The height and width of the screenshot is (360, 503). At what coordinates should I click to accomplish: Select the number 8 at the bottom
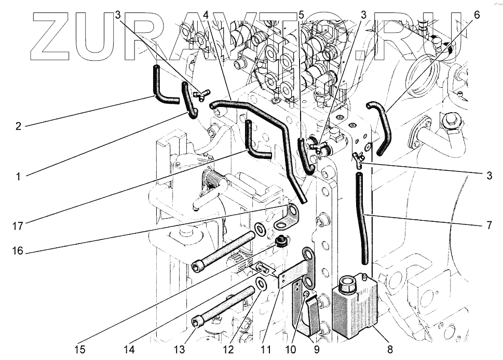click(x=390, y=349)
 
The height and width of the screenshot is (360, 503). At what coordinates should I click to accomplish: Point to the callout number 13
click(x=179, y=349)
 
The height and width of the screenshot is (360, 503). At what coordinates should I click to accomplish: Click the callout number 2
click(x=18, y=126)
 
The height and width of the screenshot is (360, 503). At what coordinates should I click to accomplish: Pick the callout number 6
click(x=477, y=15)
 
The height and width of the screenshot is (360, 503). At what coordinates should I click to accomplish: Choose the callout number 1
click(x=18, y=177)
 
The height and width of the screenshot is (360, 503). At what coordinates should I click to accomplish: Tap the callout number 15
click(x=79, y=349)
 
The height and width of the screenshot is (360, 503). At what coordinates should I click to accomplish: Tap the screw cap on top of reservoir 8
click(x=346, y=285)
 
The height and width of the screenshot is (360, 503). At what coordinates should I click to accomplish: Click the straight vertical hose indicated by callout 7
click(x=362, y=218)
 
